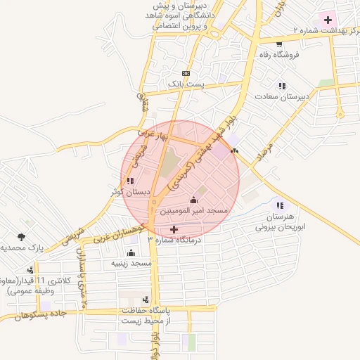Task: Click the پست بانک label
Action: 186,84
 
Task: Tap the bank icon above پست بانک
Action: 186,73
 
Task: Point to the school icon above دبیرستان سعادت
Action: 281,86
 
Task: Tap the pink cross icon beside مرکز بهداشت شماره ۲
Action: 328,19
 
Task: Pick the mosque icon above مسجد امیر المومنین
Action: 193,200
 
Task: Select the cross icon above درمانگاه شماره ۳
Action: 174,229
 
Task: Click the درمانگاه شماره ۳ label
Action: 174,240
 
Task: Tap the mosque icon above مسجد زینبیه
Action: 131,252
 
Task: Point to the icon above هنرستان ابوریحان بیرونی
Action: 281,205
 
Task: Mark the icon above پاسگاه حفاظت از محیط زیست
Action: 146,300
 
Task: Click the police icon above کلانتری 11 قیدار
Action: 30,269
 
